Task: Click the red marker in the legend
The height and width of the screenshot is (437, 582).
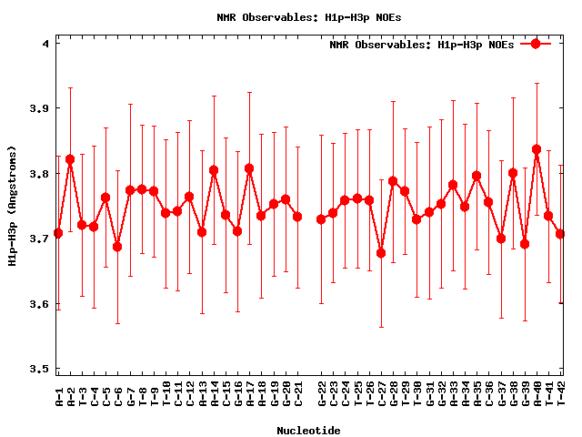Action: [536, 44]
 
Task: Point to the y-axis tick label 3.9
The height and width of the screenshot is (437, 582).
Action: [41, 108]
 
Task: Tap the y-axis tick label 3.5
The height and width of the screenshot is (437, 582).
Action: [41, 369]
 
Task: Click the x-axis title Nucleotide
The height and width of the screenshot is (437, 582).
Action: [309, 431]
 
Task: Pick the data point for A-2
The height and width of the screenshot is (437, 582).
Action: [70, 159]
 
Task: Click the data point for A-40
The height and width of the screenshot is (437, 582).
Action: [537, 149]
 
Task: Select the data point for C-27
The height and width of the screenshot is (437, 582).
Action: [381, 253]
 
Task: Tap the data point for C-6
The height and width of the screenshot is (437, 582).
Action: [117, 247]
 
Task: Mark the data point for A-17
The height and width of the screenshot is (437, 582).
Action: [249, 168]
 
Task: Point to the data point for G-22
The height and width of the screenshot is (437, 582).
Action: [321, 219]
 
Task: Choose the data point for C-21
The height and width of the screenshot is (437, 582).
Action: [297, 217]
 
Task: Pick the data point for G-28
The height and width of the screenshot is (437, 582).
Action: [393, 181]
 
